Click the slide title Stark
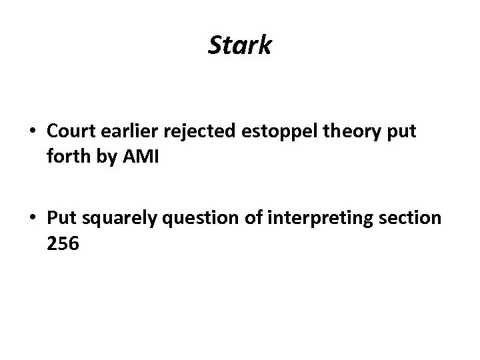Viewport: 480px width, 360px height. pyautogui.click(x=240, y=46)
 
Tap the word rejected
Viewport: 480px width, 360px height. pyautogui.click(x=197, y=132)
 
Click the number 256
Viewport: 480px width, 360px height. pyautogui.click(x=64, y=245)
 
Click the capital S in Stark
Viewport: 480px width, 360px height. pyautogui.click(x=215, y=46)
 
